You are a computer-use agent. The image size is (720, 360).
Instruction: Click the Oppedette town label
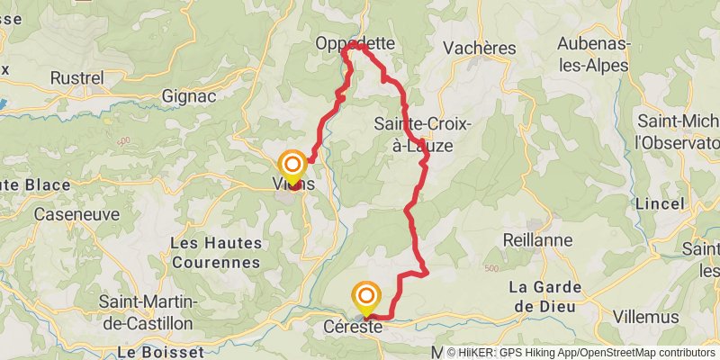(x=355, y=42)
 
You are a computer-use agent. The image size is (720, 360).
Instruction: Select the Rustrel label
(x=76, y=78)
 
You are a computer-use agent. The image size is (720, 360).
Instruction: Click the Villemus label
(x=646, y=316)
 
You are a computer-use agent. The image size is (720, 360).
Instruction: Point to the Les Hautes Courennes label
(x=216, y=253)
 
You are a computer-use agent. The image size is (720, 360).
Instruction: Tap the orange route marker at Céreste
(x=366, y=296)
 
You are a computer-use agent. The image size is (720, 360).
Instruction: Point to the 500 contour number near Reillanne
(x=491, y=269)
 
